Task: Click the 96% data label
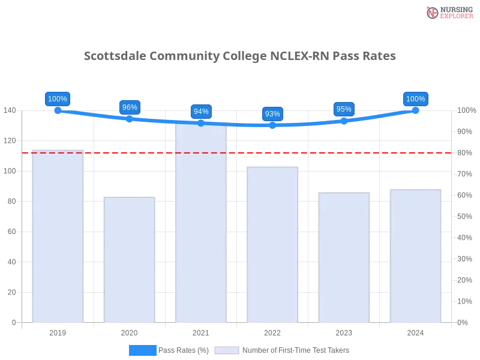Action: [130, 107]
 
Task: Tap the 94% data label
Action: [201, 112]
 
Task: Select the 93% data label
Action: [272, 114]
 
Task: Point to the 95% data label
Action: [344, 109]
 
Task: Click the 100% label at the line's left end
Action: [58, 99]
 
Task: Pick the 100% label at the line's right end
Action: [415, 99]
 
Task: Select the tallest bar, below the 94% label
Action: [201, 222]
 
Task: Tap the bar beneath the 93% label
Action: [272, 243]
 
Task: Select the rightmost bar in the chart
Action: [415, 254]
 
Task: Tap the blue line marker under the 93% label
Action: [272, 125]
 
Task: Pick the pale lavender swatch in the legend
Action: [226, 350]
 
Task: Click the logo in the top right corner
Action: [448, 12]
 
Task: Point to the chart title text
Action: [239, 56]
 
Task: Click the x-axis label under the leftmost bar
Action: [58, 331]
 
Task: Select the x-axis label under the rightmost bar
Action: [415, 331]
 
